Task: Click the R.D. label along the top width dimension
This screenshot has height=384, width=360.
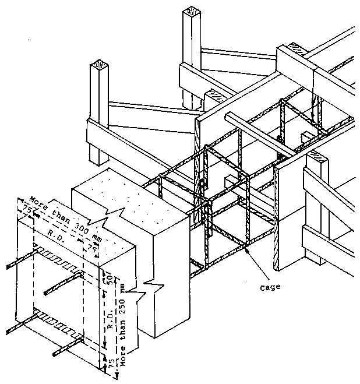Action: (56, 230)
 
